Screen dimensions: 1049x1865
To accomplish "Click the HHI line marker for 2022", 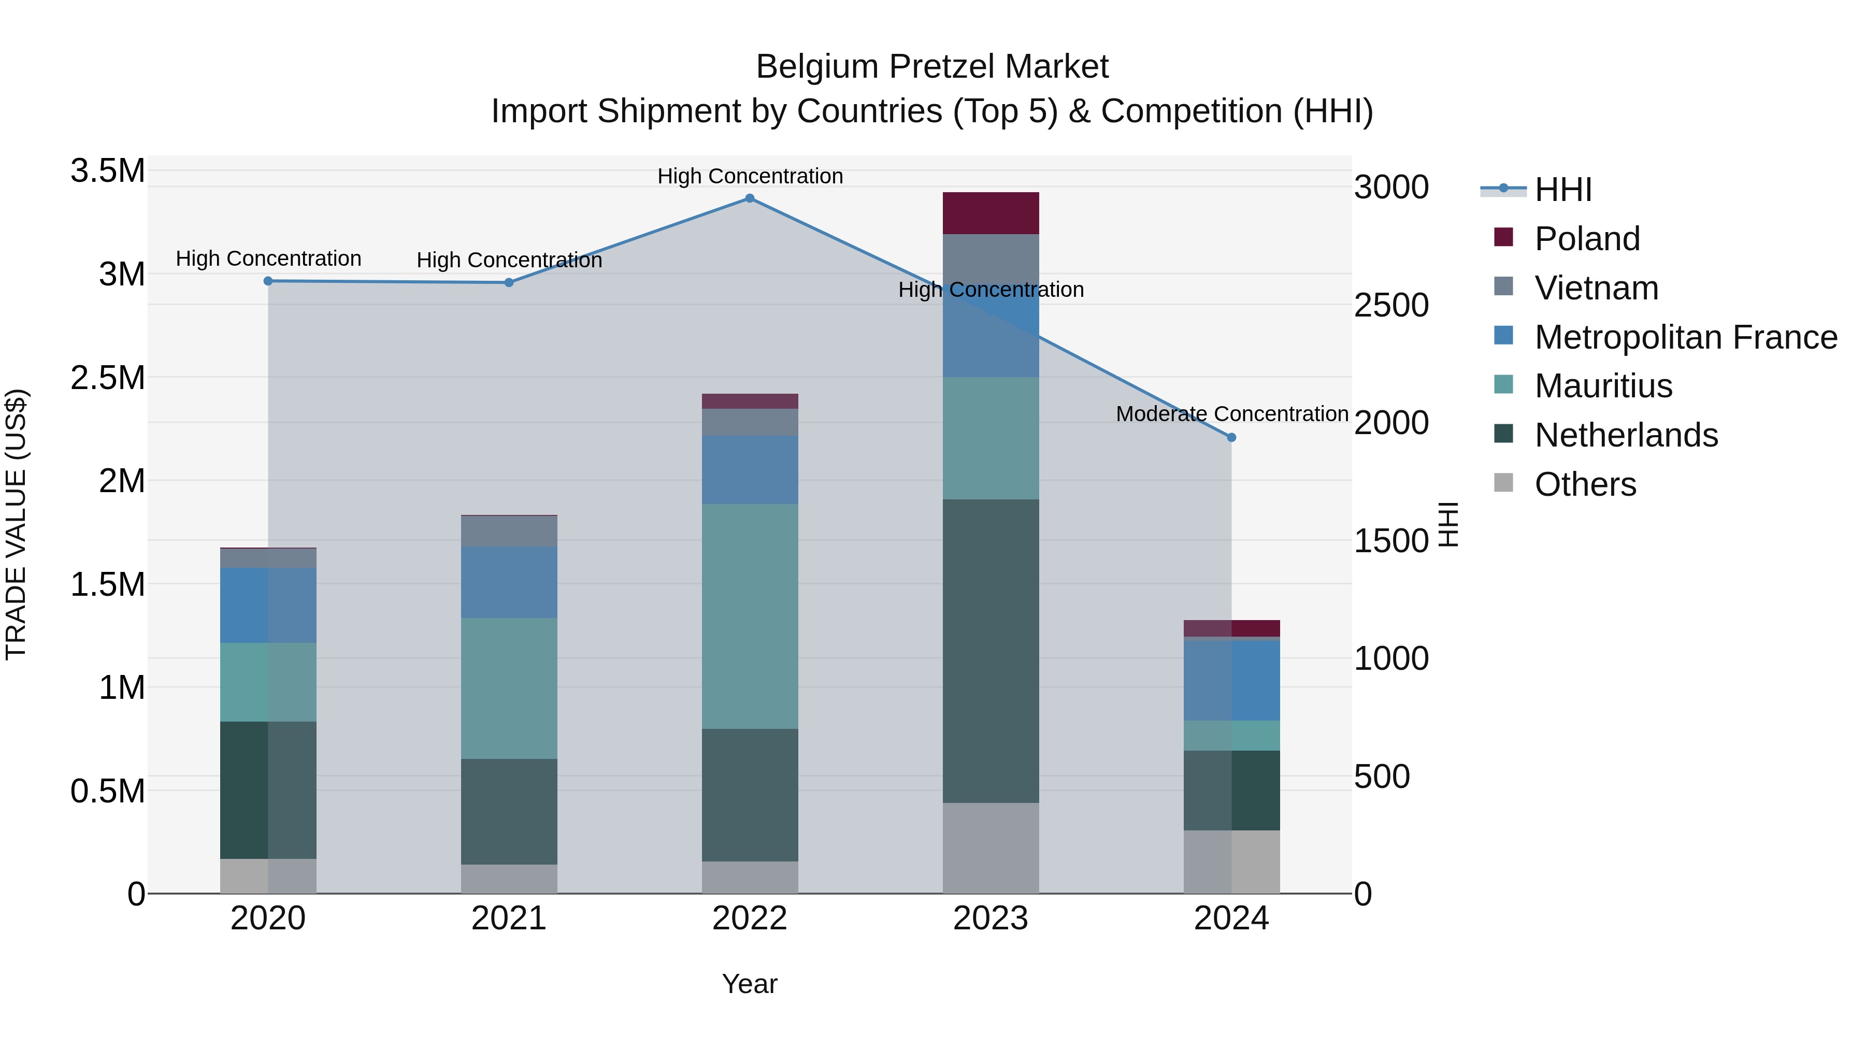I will click(749, 198).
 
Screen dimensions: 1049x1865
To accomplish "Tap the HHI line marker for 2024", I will click(1231, 437).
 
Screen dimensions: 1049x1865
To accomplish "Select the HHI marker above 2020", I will click(268, 281).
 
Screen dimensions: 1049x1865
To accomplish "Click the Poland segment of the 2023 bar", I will click(991, 213).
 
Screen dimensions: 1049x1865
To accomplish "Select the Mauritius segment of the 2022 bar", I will click(749, 615).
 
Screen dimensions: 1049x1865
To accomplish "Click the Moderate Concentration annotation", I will click(1231, 414).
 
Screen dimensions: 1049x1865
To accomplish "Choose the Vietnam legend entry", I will click(1596, 288).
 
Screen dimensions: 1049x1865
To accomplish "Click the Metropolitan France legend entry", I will click(1685, 337).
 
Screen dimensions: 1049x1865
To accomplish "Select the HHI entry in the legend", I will click(1562, 190).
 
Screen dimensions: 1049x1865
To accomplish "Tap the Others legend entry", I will click(1585, 484).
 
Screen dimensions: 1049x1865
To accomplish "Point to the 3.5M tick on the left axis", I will click(107, 171).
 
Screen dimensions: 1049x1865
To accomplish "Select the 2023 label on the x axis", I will click(991, 918).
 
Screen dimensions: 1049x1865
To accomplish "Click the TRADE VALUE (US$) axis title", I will click(16, 524).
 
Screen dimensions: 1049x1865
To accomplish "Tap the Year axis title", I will click(749, 984).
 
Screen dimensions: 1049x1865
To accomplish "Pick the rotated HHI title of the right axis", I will click(1447, 524).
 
